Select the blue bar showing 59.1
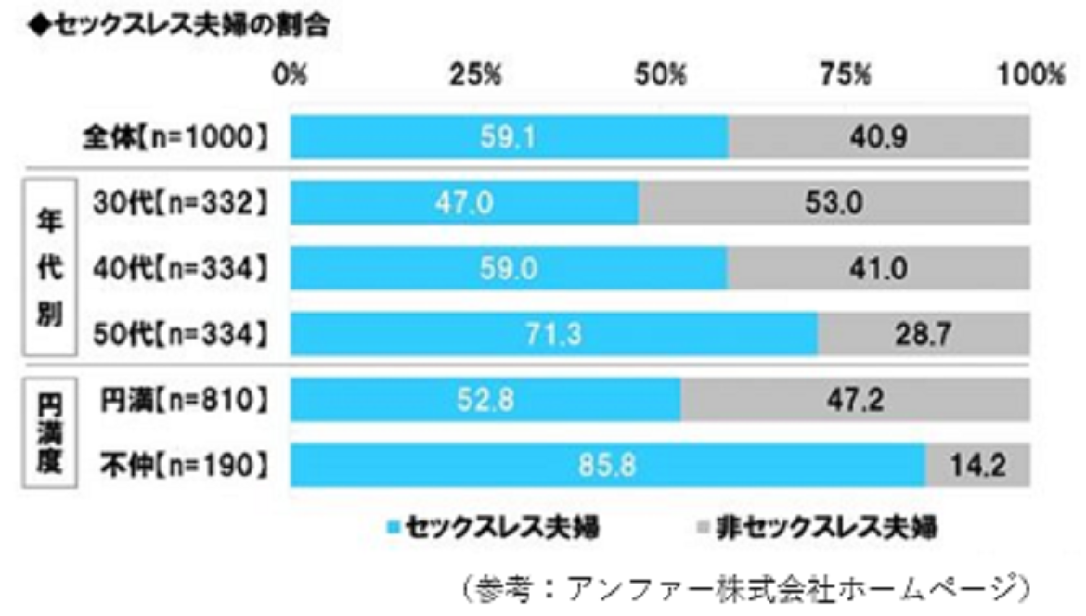[x=509, y=137]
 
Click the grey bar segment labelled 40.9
[x=878, y=137]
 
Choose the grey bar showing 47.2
[x=854, y=400]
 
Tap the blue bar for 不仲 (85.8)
[x=607, y=466]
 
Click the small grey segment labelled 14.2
[x=977, y=466]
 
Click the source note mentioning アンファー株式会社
[x=742, y=587]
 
